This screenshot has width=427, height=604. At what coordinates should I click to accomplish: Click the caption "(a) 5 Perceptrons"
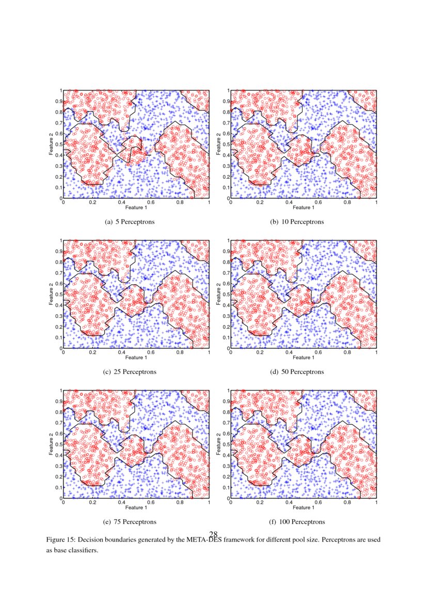pos(130,222)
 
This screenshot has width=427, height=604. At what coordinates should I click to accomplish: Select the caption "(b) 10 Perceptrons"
pos(297,222)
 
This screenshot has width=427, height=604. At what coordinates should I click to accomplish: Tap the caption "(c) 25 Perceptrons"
pos(130,371)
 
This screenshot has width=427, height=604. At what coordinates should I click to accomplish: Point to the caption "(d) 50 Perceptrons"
pos(297,371)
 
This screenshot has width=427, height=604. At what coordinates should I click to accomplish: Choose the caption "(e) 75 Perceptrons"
pos(130,521)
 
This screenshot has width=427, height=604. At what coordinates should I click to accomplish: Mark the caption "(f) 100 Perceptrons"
pos(297,521)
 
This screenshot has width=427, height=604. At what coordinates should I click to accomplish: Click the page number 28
pos(214,534)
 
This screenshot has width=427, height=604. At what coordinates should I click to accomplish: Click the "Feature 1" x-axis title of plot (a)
pos(136,208)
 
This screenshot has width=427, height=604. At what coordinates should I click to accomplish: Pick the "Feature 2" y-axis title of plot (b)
pos(218,144)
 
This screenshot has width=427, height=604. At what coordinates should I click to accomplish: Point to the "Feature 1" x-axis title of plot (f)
pos(303,507)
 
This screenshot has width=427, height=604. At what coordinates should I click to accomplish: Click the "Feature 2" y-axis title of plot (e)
pos(51,444)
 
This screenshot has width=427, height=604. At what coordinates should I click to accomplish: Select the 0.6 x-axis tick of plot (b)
pos(318,203)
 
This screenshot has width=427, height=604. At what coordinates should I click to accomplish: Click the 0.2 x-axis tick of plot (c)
pos(92,352)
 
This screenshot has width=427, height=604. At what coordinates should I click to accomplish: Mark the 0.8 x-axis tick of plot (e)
pos(180,502)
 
